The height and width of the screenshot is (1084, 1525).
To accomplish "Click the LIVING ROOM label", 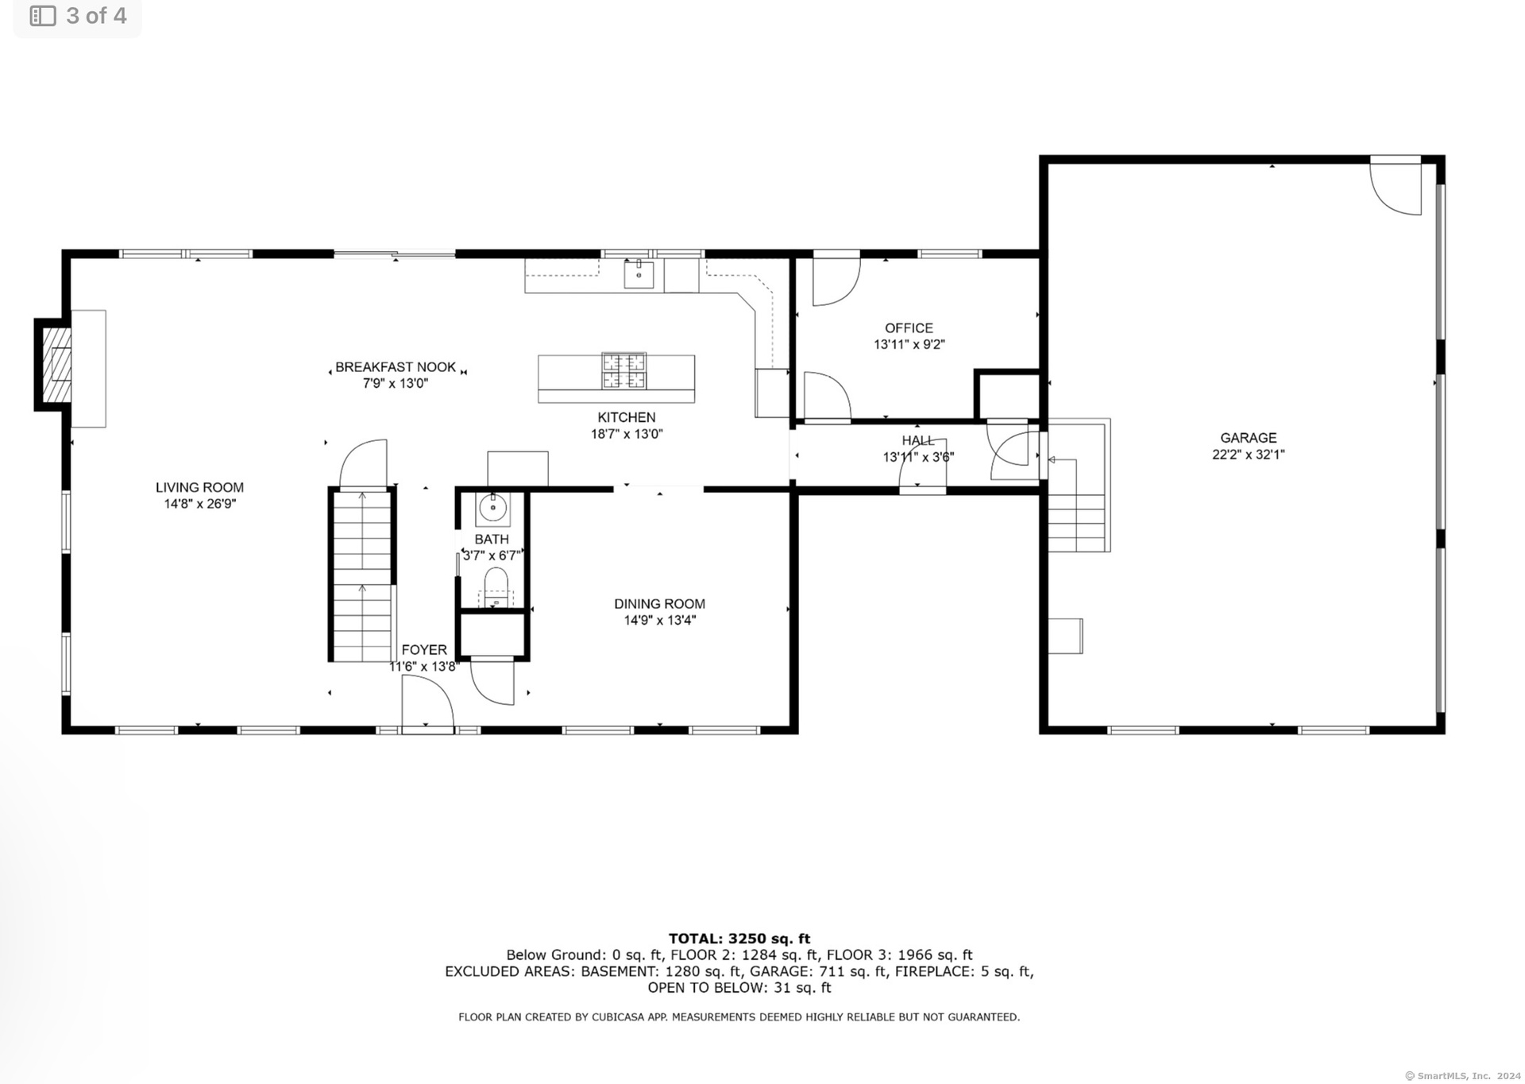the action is pyautogui.click(x=199, y=487).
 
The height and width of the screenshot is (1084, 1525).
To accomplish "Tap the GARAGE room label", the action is pyautogui.click(x=1248, y=438).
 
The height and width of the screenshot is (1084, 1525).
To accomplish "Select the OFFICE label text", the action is pyautogui.click(x=909, y=328).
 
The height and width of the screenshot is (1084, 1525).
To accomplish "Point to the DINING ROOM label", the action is pyautogui.click(x=659, y=604).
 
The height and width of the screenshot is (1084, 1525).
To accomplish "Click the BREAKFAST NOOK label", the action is pyautogui.click(x=396, y=367).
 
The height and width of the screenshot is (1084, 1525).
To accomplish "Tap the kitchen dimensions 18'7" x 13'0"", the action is pyautogui.click(x=627, y=434).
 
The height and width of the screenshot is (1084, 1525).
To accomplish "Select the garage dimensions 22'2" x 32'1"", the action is pyautogui.click(x=1248, y=455).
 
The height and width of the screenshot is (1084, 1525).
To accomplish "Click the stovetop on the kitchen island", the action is pyautogui.click(x=624, y=370).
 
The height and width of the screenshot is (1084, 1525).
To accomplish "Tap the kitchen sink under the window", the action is pyautogui.click(x=639, y=273).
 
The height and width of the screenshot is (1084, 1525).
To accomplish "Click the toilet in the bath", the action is pyautogui.click(x=496, y=587).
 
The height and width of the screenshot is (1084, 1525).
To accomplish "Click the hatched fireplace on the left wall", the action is pyautogui.click(x=56, y=365).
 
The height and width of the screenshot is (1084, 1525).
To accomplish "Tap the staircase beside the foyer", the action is pyautogui.click(x=362, y=575).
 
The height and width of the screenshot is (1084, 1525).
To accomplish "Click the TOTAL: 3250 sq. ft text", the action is pyautogui.click(x=739, y=939).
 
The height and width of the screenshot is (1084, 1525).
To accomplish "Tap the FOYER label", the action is pyautogui.click(x=424, y=650).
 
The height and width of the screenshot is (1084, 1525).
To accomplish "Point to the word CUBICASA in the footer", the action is pyautogui.click(x=620, y=1017).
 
